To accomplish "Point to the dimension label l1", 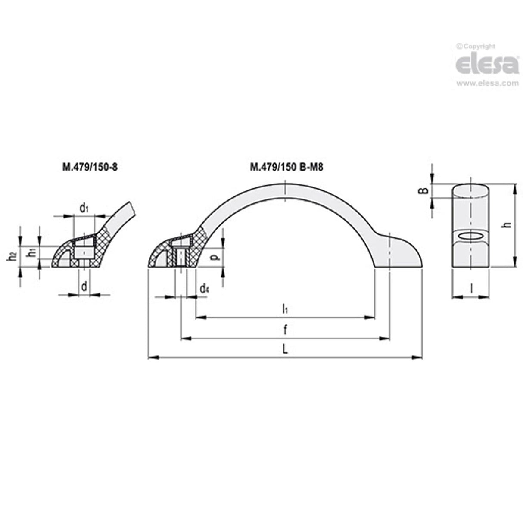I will tap(285, 308).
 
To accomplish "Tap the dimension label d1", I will tap(84, 209).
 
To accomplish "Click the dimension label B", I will tap(425, 190).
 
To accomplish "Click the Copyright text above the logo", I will tap(476, 47).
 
